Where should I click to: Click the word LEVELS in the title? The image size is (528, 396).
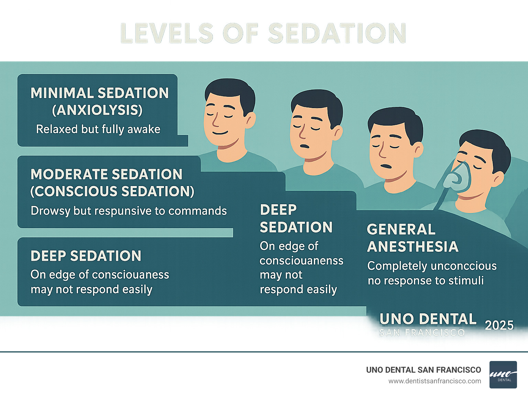(x=167, y=33)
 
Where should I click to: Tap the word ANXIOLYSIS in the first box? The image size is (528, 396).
(x=97, y=110)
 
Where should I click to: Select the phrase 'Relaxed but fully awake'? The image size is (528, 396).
(x=98, y=129)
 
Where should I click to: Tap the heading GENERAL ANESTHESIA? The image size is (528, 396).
(x=412, y=238)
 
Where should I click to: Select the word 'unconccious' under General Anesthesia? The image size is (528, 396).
(x=464, y=266)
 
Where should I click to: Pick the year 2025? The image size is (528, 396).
(x=499, y=325)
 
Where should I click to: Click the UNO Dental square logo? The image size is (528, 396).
(x=503, y=374)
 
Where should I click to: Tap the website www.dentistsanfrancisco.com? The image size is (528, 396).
(x=434, y=381)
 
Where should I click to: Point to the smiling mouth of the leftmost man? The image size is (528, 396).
(x=220, y=133)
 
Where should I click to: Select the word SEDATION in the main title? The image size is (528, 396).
(x=337, y=33)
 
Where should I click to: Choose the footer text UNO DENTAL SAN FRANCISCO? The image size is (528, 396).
(x=423, y=370)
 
